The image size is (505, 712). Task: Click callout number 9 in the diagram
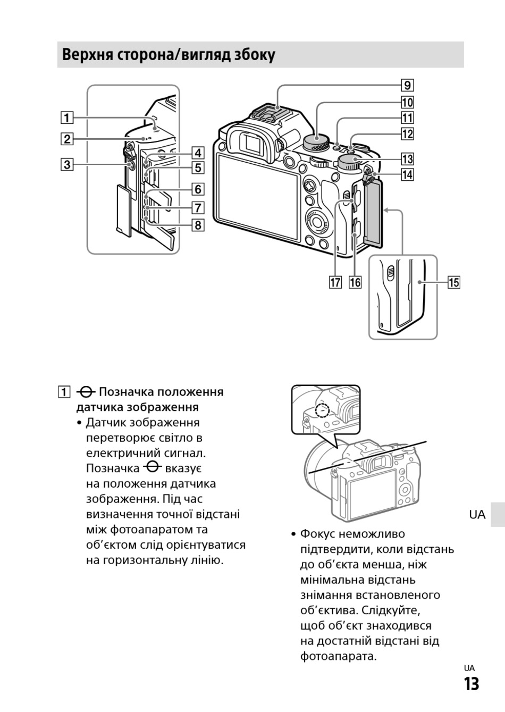[407, 86]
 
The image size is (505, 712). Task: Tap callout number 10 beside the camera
[407, 102]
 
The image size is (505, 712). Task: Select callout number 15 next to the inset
[453, 282]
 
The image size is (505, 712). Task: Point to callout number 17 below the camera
[335, 282]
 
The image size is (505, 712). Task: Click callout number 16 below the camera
[355, 282]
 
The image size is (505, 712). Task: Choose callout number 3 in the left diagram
[66, 164]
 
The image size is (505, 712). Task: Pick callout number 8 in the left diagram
[197, 225]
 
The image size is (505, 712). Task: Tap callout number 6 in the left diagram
[197, 189]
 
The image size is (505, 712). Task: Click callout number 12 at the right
[407, 134]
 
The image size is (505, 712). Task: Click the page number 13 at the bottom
[471, 684]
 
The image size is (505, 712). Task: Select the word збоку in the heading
[255, 55]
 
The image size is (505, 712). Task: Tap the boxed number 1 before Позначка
[64, 393]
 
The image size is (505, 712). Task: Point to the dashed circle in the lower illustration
[322, 410]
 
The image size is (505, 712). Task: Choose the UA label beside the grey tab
[477, 514]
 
